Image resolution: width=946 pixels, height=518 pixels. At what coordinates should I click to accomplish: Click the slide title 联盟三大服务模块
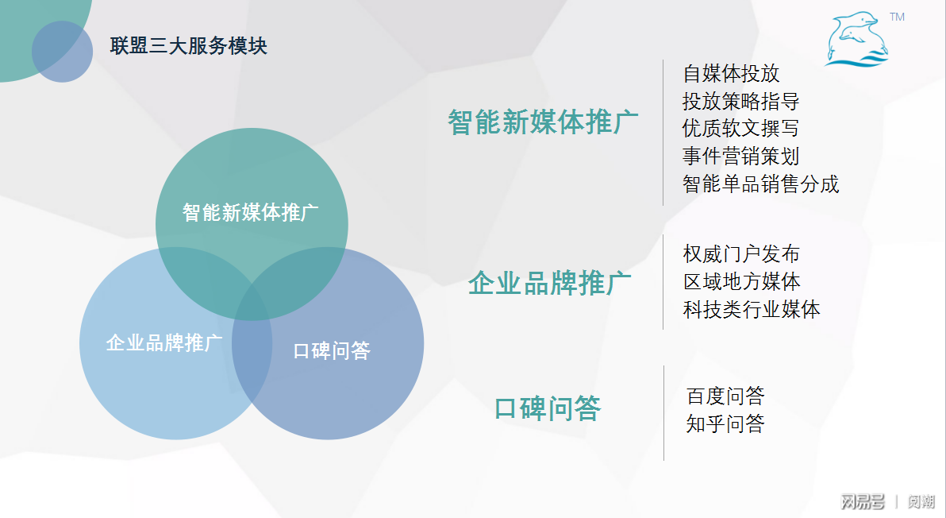[x=189, y=46]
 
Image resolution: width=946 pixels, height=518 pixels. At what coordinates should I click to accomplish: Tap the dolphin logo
[x=856, y=40]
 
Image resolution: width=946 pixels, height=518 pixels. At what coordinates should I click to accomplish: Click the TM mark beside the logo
[x=898, y=17]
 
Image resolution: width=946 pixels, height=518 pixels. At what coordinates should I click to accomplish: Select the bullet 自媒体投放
[x=731, y=74]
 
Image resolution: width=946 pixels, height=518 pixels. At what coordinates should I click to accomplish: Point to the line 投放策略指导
[x=740, y=102]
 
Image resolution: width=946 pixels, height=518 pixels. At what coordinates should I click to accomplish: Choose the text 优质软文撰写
[x=740, y=129]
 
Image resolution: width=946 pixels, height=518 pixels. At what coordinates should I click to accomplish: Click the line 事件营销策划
[x=740, y=157]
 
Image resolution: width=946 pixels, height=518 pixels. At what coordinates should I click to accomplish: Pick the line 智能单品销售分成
[x=760, y=184]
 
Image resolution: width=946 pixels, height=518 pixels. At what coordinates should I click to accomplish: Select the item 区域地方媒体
[x=741, y=281]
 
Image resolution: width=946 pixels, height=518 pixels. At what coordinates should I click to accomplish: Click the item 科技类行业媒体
[x=751, y=309]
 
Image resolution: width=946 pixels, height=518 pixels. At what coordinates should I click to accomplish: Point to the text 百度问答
[x=725, y=396]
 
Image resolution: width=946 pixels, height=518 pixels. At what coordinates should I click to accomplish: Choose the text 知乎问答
[x=725, y=423]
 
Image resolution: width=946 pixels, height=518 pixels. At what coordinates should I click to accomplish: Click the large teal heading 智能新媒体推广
[x=543, y=122]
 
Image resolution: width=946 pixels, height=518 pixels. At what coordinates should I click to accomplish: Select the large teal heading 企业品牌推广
[x=549, y=283]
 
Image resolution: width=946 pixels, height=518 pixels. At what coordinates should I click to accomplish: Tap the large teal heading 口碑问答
[x=548, y=408]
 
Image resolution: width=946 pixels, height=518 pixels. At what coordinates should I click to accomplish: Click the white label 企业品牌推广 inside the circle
[x=164, y=343]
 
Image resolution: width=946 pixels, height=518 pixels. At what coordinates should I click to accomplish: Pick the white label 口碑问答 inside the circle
[x=332, y=350]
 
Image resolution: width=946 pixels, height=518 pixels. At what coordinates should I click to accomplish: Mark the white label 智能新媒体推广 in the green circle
[x=251, y=212]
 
